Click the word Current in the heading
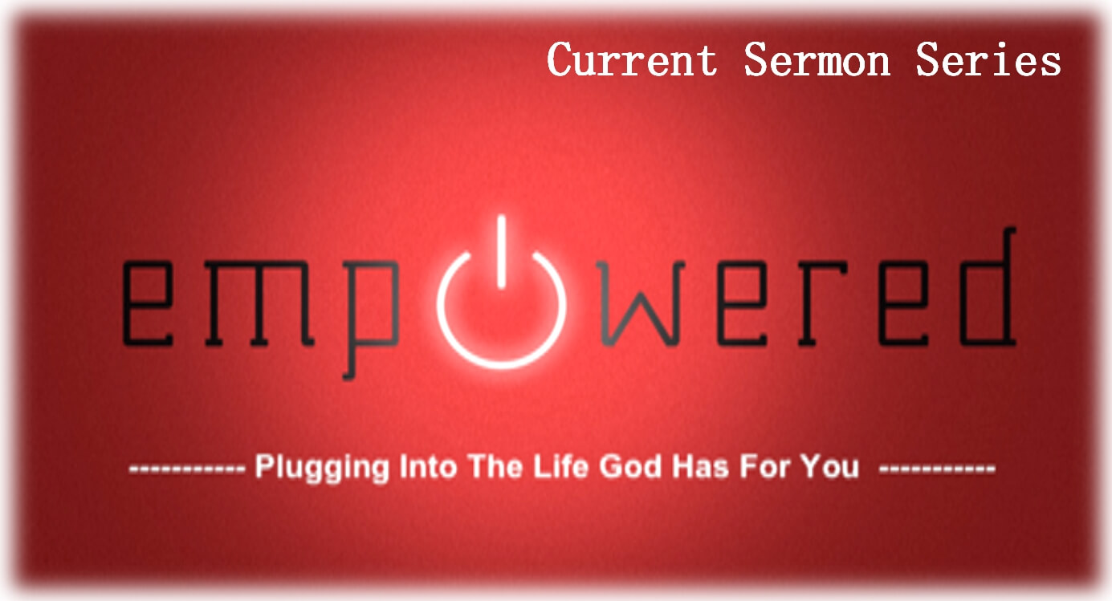coord(632,59)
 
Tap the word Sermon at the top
coord(817,59)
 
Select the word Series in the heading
coord(988,59)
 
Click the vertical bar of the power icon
coord(501,251)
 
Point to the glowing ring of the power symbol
coord(501,368)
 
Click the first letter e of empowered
coord(148,303)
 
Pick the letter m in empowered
coord(259,303)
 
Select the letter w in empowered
coord(641,303)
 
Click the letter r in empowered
coord(822,303)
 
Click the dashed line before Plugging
coord(187,469)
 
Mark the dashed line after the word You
coord(937,469)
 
